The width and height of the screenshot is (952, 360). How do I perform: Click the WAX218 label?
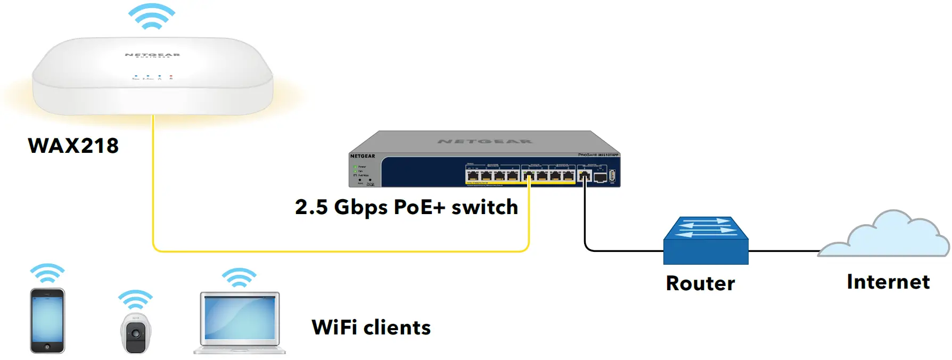pyautogui.click(x=73, y=146)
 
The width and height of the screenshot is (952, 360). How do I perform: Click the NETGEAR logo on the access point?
pyautogui.click(x=152, y=55)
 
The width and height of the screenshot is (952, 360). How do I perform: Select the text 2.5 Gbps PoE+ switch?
pyautogui.click(x=406, y=207)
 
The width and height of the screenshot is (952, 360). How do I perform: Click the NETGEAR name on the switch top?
pyautogui.click(x=485, y=142)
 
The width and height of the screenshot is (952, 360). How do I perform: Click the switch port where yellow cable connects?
pyautogui.click(x=529, y=176)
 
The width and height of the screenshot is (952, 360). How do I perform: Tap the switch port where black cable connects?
pyautogui.click(x=585, y=176)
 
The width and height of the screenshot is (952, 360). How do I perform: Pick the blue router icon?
pyautogui.click(x=705, y=241)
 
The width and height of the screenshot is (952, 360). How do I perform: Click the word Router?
pyautogui.click(x=700, y=283)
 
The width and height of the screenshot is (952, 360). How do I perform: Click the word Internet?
pyautogui.click(x=888, y=282)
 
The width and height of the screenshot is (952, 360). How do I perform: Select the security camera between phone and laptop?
pyautogui.click(x=136, y=333)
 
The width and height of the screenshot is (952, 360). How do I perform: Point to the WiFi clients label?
pyautogui.click(x=371, y=328)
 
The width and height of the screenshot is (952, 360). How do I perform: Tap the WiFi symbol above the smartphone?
pyautogui.click(x=47, y=274)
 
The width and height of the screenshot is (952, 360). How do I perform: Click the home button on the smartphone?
pyautogui.click(x=47, y=347)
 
